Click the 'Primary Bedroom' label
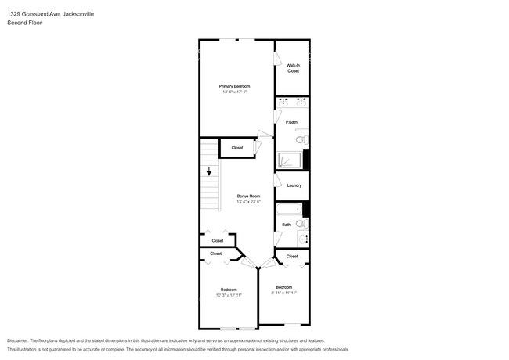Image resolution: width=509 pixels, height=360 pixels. [233, 85]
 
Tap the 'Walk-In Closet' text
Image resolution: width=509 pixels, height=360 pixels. [293, 68]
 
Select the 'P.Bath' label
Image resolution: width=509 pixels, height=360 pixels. [291, 121]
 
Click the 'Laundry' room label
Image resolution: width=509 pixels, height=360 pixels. [294, 185]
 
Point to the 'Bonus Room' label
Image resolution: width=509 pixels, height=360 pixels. [248, 196]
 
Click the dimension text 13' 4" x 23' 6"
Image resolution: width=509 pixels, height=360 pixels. [248, 202]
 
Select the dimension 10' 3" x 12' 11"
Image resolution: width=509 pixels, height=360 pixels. [229, 295]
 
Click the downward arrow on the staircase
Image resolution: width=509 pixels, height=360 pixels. [209, 172]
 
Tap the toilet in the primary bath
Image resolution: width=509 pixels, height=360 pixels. [301, 139]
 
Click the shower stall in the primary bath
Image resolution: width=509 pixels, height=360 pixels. [290, 160]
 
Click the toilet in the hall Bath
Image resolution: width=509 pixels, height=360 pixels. [301, 223]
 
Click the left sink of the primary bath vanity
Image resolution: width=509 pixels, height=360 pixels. [284, 103]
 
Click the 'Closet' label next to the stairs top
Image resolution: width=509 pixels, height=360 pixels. [236, 147]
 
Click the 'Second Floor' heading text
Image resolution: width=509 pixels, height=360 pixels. [23, 23]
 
